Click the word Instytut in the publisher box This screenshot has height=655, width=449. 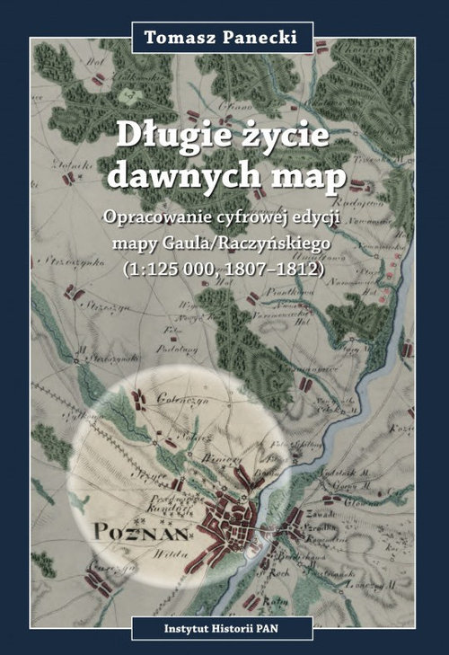[172, 625]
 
